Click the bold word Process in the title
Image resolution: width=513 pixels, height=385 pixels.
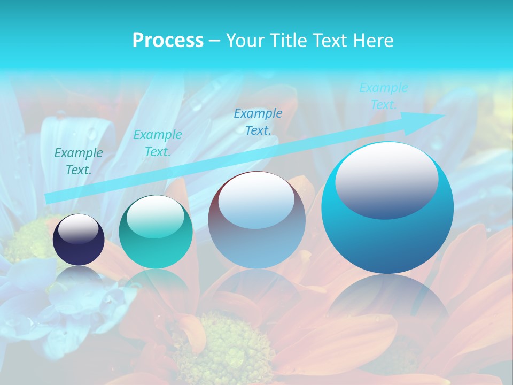(168, 41)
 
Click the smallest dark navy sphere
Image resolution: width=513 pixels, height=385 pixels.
(79, 240)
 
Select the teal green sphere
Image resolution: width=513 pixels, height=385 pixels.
(156, 232)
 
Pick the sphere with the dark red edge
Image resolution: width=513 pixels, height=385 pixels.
(256, 220)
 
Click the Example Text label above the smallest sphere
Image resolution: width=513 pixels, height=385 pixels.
(79, 161)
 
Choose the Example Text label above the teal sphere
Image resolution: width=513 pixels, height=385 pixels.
(157, 143)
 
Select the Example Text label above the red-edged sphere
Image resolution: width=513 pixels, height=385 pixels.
(258, 121)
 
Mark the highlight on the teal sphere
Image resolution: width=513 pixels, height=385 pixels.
(155, 217)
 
